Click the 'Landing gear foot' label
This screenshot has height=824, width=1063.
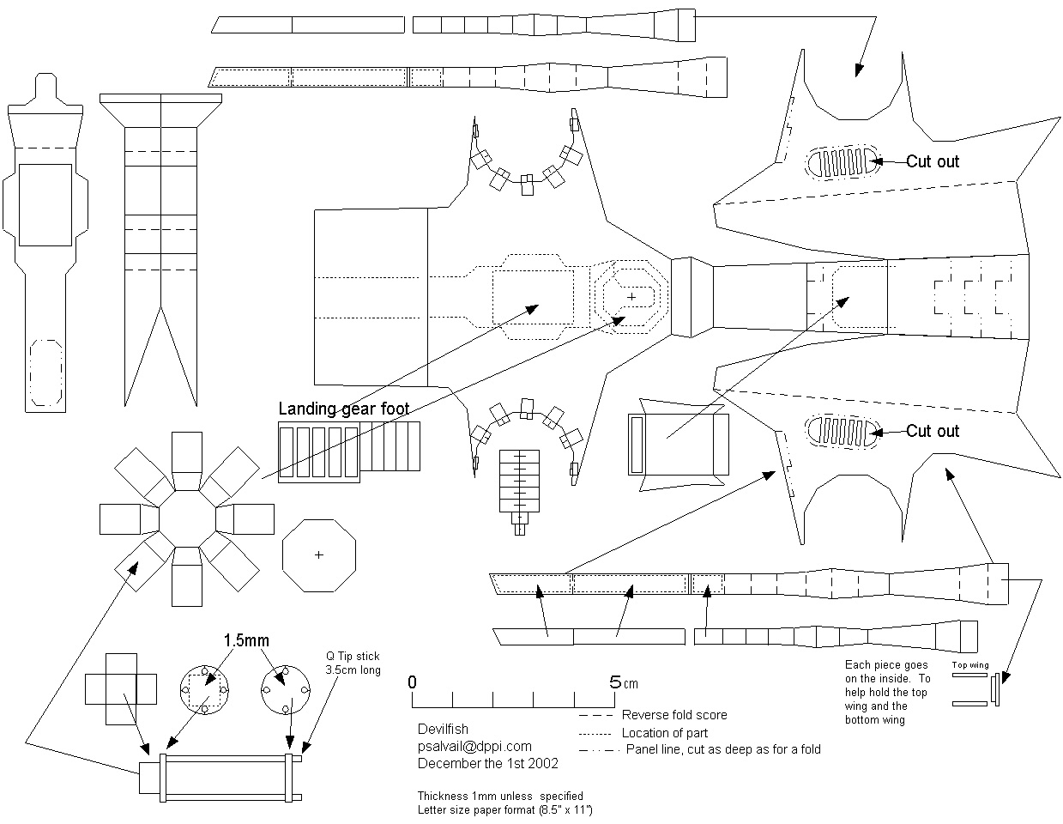(x=343, y=409)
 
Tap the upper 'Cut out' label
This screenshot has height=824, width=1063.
(x=933, y=161)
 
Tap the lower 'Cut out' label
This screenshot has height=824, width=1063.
(x=933, y=431)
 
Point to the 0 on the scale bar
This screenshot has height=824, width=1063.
(x=413, y=682)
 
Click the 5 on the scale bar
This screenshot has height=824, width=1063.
(x=615, y=682)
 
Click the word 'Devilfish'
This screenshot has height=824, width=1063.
(x=443, y=730)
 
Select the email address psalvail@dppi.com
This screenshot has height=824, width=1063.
(x=474, y=746)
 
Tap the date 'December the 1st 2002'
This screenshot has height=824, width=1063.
(x=487, y=763)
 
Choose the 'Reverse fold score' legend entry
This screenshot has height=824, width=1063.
(x=674, y=715)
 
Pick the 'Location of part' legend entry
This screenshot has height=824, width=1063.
(x=665, y=733)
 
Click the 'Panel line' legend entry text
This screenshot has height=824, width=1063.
(x=722, y=749)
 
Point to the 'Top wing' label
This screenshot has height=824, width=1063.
(x=969, y=665)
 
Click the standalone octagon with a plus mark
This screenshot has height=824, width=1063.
(x=319, y=554)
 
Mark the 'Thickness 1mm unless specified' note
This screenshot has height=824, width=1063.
(x=500, y=796)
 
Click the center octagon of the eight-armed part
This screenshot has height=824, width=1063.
(x=187, y=518)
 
